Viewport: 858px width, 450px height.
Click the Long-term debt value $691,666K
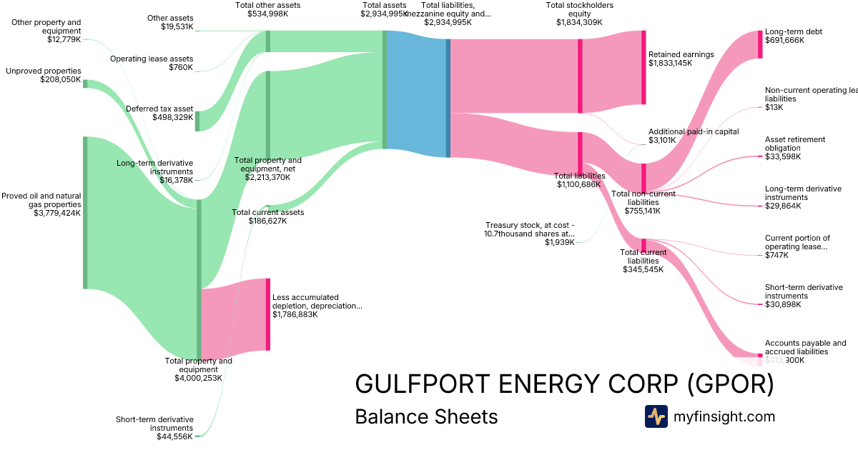(784, 41)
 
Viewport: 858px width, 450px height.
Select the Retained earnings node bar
(643, 71)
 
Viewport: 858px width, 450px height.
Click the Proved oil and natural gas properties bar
(85, 212)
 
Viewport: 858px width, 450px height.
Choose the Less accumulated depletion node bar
(268, 314)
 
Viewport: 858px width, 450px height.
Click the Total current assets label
(267, 212)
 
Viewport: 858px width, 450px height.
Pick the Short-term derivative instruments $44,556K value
(174, 436)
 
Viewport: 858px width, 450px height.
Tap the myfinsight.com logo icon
(656, 416)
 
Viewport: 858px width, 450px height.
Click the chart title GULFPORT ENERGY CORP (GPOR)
(564, 384)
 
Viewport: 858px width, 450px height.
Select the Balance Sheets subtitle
(426, 416)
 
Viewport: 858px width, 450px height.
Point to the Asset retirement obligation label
(795, 144)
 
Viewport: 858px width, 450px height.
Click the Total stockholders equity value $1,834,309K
(579, 22)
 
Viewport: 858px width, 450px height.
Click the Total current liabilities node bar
(643, 245)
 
